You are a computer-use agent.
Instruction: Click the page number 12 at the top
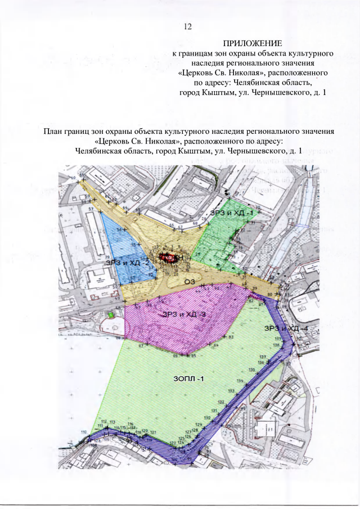point(188,26)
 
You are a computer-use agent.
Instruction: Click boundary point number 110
point(84,432)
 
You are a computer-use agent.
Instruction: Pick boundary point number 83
point(231,337)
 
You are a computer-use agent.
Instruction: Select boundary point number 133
point(231,390)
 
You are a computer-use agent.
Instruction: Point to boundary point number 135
point(251,370)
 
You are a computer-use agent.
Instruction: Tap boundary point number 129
point(199,424)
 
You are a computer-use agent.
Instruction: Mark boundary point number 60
point(73,178)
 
